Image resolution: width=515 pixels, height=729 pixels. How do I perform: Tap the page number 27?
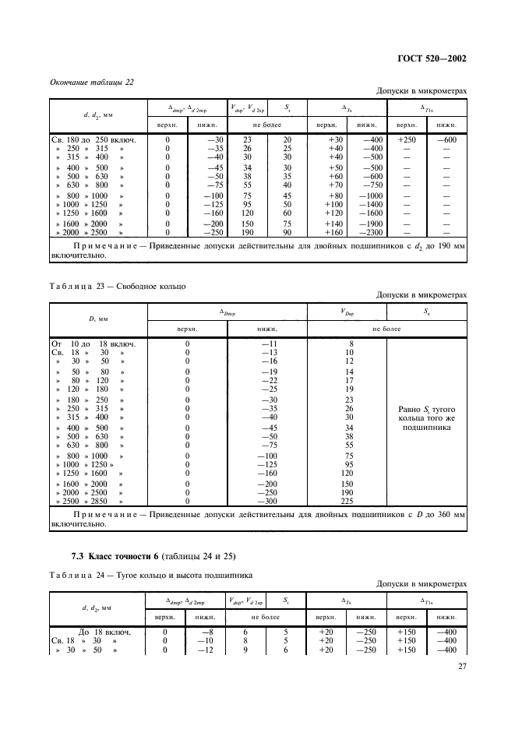tap(461, 666)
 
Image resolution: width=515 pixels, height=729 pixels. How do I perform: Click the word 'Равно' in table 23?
tap(411, 410)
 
